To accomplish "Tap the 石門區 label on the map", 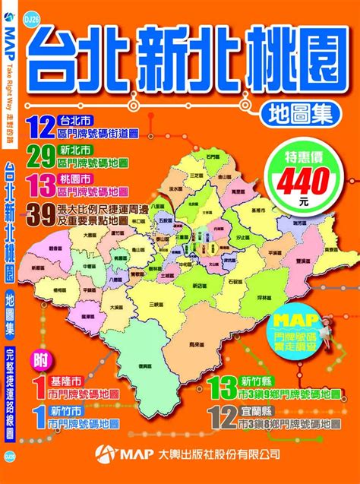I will pos(210,157).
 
